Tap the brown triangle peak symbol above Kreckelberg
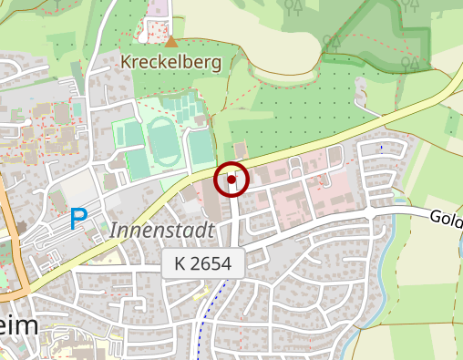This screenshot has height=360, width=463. point(170,41)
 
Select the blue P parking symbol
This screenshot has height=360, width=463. point(79,219)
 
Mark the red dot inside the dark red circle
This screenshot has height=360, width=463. point(231,180)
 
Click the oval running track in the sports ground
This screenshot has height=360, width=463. point(163,141)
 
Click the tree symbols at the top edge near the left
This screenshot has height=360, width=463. point(293,7)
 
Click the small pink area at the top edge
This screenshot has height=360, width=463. point(160,10)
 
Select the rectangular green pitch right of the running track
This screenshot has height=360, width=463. point(200,147)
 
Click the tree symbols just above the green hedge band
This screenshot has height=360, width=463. point(331,43)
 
